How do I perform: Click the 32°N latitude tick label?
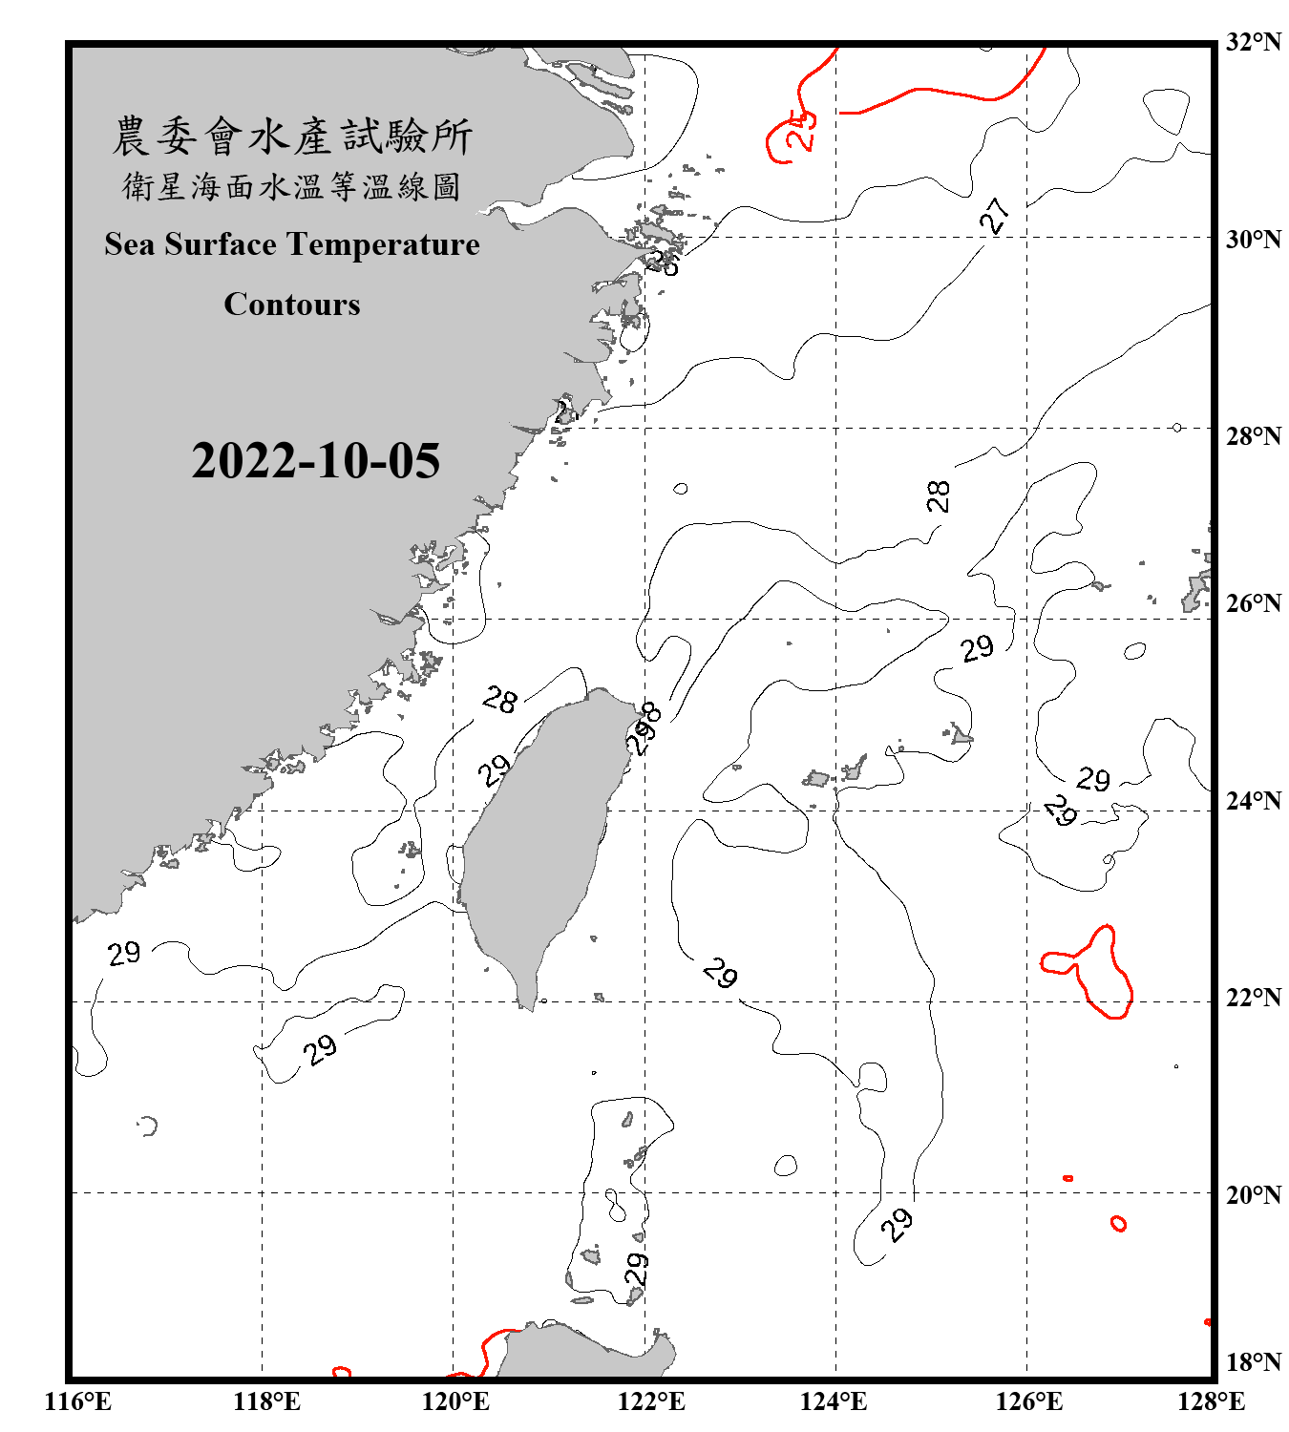point(1253,42)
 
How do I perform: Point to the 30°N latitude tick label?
point(1253,239)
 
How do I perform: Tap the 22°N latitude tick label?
point(1253,998)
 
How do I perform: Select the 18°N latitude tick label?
point(1253,1362)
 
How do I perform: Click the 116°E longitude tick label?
point(77,1401)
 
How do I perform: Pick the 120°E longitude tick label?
point(455,1401)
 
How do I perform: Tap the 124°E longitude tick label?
point(834,1401)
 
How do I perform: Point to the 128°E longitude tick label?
point(1211,1401)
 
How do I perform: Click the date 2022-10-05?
point(316,461)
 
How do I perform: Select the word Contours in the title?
point(292,305)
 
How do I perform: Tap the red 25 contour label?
point(801,130)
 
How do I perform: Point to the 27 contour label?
point(995,216)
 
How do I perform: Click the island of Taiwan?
point(539,840)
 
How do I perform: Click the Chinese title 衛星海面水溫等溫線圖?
point(291,186)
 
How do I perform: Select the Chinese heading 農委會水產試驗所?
point(292,137)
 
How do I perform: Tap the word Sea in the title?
point(131,244)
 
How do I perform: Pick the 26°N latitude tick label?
point(1253,603)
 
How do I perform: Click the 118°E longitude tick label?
point(266,1401)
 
